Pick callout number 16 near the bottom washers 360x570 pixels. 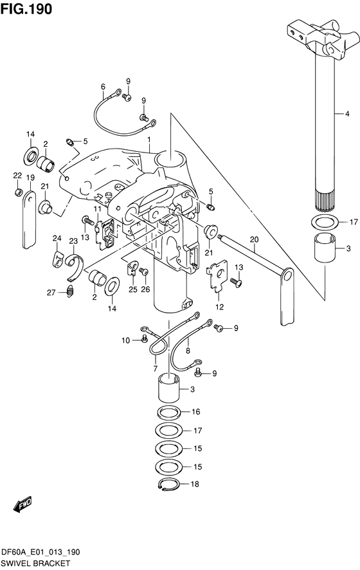coord(195,412)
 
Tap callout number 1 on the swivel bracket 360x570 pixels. coord(148,140)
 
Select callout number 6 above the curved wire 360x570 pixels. coord(102,87)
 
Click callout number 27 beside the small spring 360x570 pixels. coord(51,293)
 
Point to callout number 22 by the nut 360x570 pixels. coord(17,176)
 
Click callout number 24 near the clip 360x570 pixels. coord(57,239)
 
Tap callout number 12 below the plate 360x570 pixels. coord(219,307)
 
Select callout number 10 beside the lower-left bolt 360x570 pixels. coord(127,340)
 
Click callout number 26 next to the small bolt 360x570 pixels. coord(145,289)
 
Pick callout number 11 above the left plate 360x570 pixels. coord(97,210)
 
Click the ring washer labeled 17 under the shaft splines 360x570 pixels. coord(325,223)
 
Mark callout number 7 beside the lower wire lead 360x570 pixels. coord(155,368)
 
